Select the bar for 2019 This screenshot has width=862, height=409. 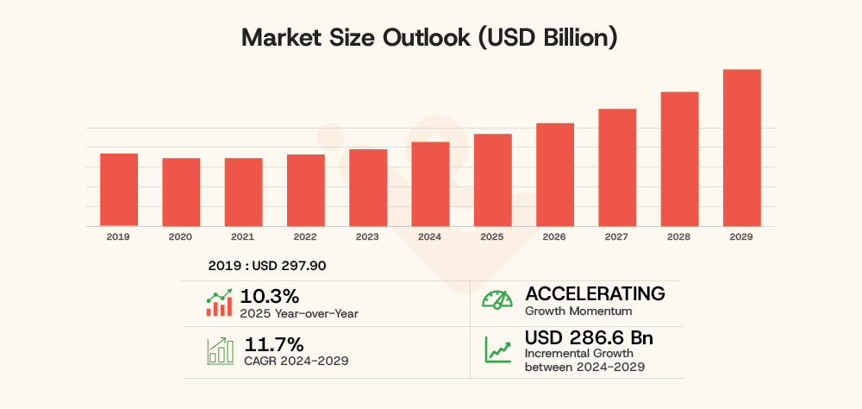(x=119, y=190)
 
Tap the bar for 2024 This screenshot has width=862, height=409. (x=430, y=184)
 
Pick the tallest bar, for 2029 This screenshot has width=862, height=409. (x=741, y=148)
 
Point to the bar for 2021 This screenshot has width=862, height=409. (x=243, y=192)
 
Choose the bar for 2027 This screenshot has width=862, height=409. (x=617, y=167)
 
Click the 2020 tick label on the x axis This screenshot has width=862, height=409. (x=181, y=236)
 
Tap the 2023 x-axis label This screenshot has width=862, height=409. (x=368, y=236)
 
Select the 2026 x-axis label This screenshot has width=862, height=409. (x=554, y=236)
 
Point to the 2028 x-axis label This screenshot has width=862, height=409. (x=679, y=236)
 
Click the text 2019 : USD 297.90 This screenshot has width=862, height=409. (x=267, y=266)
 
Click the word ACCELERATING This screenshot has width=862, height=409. (x=595, y=293)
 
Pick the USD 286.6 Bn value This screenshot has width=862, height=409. (x=589, y=337)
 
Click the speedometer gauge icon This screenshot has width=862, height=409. (x=497, y=300)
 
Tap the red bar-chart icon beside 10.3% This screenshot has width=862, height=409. (x=219, y=303)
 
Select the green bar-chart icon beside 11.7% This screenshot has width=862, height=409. (x=219, y=350)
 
